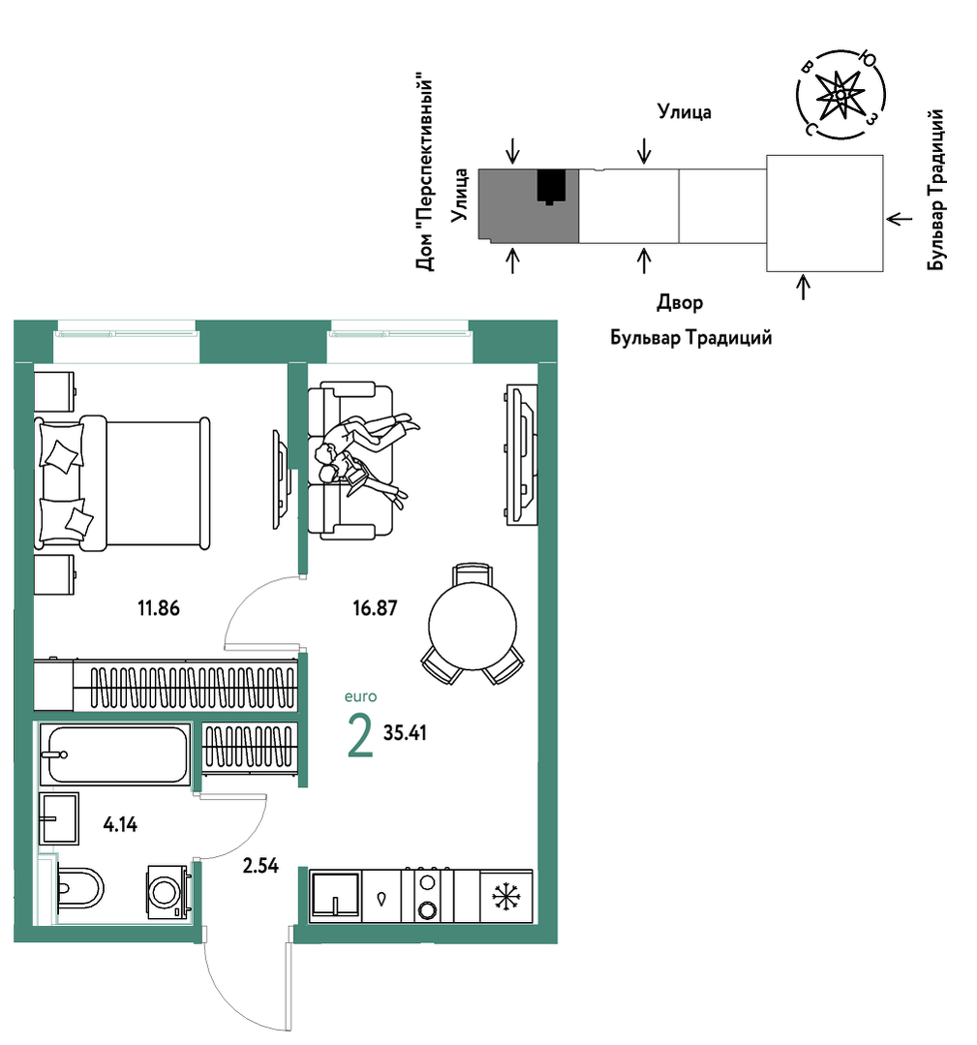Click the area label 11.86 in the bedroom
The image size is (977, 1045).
(159, 608)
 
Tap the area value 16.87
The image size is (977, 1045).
(375, 608)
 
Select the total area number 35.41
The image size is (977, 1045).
(405, 732)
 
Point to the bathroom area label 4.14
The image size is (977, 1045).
(120, 824)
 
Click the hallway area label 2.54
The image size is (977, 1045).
(260, 865)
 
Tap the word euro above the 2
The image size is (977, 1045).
(360, 696)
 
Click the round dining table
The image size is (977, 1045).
(473, 626)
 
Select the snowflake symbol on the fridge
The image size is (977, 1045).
(506, 897)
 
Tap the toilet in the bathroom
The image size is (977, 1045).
(80, 888)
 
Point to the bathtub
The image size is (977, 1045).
(114, 754)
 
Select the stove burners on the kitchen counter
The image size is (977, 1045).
(427, 896)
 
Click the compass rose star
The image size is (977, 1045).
(840, 95)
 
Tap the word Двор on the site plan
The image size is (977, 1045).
(680, 302)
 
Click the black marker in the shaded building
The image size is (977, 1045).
(551, 187)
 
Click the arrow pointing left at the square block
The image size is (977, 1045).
(899, 218)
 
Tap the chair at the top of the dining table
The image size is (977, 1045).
(473, 573)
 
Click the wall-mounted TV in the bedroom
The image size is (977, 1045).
(281, 479)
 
